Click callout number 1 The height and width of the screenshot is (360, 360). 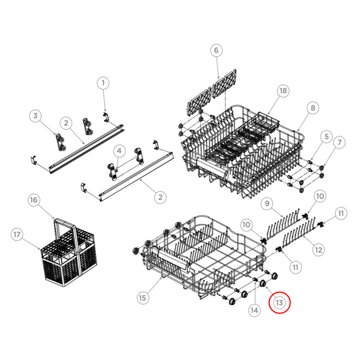point(103,83)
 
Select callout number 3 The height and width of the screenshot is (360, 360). point(37,116)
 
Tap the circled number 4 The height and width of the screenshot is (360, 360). point(119,150)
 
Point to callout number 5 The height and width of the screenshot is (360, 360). point(326,137)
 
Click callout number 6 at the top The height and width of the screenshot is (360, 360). point(216,50)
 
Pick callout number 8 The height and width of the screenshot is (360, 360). point(311,107)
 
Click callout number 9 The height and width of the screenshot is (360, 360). point(267,203)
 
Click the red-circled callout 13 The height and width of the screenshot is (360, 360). point(279,303)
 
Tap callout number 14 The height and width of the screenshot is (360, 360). point(254,310)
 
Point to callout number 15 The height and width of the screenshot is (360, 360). point(143,297)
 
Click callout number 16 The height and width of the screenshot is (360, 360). point(33,201)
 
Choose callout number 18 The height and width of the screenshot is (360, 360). point(282,91)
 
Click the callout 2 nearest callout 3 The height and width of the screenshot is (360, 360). point(66,123)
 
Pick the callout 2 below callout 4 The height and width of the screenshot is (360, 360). point(160,197)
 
